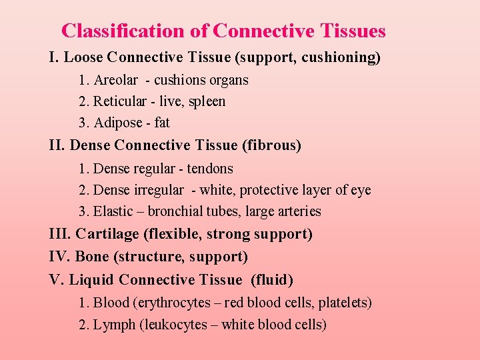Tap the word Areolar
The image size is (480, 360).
(x=115, y=80)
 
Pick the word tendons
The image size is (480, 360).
(x=210, y=169)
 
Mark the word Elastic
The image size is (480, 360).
(x=114, y=211)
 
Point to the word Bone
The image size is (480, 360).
(x=91, y=257)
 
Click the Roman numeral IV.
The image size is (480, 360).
(x=59, y=257)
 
